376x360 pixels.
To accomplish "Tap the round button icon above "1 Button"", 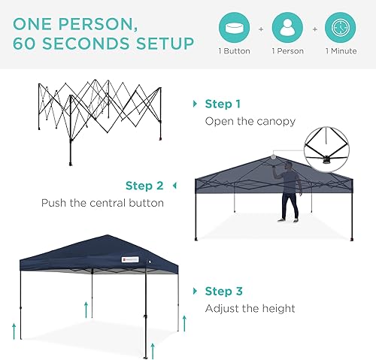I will (235, 28).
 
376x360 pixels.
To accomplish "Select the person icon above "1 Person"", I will (288, 28).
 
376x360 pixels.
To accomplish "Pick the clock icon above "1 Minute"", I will (340, 28).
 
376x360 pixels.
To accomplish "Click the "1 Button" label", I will (235, 52).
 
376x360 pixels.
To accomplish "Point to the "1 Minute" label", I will (340, 52).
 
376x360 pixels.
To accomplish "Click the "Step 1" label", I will (223, 104).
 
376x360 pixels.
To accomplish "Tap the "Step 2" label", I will (144, 186).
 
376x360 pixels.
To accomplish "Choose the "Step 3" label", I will (223, 291).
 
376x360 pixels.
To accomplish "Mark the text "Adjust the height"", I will (250, 308).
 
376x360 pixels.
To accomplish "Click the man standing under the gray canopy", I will (290, 193).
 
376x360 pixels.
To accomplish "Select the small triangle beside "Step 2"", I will (174, 186).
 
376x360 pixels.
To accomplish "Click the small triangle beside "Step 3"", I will (195, 291).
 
